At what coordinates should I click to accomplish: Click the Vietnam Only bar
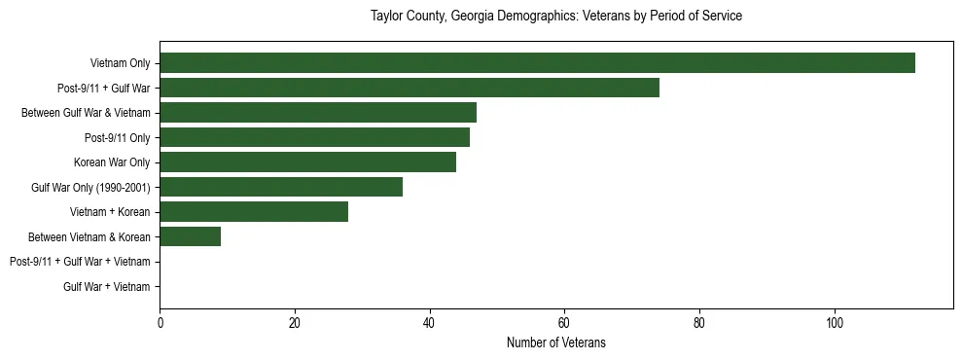click(x=537, y=62)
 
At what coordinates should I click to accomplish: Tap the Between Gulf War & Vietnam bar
click(x=318, y=112)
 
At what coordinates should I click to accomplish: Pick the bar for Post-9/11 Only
click(x=314, y=137)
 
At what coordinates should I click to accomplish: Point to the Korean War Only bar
click(x=307, y=162)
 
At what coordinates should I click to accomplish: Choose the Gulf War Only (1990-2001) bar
click(x=281, y=187)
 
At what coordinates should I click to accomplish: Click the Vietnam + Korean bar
click(x=254, y=211)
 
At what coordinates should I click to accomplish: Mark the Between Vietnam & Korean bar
click(x=190, y=236)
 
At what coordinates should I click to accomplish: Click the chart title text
click(x=556, y=17)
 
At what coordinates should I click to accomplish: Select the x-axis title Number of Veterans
click(x=556, y=342)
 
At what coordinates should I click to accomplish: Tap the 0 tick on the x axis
click(x=160, y=323)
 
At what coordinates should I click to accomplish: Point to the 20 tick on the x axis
click(x=295, y=323)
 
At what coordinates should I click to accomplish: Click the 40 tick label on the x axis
click(x=429, y=323)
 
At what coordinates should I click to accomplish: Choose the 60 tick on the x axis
click(x=564, y=323)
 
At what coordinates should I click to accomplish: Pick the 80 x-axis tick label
click(x=699, y=323)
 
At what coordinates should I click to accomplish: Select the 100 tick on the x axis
click(x=834, y=323)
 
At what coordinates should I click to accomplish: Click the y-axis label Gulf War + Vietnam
click(x=106, y=286)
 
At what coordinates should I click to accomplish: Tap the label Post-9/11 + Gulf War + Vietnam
click(x=80, y=262)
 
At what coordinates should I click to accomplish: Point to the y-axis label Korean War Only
click(x=111, y=162)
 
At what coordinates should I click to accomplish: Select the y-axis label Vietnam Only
click(x=120, y=62)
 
